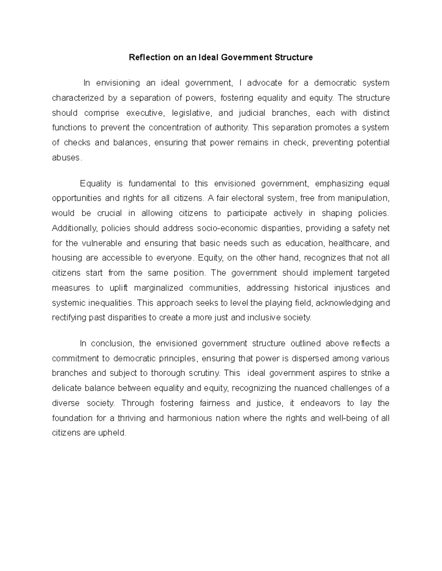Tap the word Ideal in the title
tap(208, 57)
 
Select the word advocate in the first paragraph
tap(264, 83)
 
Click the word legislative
tap(191, 113)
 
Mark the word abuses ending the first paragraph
tap(66, 158)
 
